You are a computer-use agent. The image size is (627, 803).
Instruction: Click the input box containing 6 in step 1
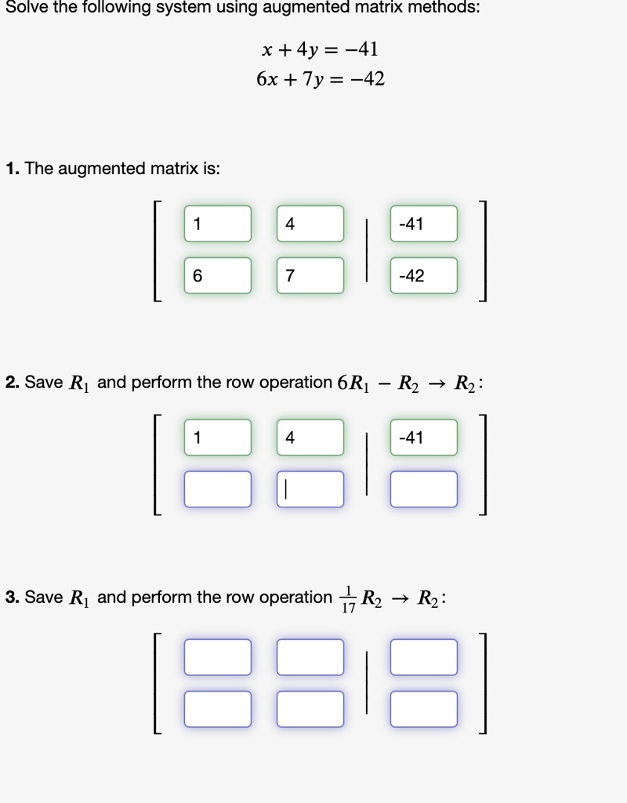pos(218,275)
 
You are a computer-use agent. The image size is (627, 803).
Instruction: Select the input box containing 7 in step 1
pos(310,275)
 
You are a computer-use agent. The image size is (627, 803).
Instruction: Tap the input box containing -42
pos(424,275)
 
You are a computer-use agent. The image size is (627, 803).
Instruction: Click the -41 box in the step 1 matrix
pos(424,223)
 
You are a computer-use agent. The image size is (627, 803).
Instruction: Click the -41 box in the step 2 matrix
pos(424,438)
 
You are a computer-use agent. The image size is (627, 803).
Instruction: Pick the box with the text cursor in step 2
pos(310,489)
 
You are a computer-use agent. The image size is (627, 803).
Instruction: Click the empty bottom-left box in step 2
pos(218,489)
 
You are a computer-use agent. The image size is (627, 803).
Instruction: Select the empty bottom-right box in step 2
pos(424,489)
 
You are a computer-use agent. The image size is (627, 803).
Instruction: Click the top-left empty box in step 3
pos(218,657)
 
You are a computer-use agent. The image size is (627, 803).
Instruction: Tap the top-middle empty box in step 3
pos(310,657)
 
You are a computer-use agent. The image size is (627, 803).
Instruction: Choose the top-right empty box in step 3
pos(424,657)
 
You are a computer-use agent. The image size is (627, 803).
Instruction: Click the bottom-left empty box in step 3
pos(218,709)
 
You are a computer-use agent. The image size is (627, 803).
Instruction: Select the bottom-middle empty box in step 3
pos(310,709)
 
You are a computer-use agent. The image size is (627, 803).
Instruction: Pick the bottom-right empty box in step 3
pos(424,709)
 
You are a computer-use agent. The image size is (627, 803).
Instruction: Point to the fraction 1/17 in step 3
pos(348,598)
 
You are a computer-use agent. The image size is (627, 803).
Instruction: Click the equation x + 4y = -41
pos(320,49)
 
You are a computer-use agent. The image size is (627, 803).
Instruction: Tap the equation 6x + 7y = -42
pos(321,79)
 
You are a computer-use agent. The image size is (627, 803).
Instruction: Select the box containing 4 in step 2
pos(310,438)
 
